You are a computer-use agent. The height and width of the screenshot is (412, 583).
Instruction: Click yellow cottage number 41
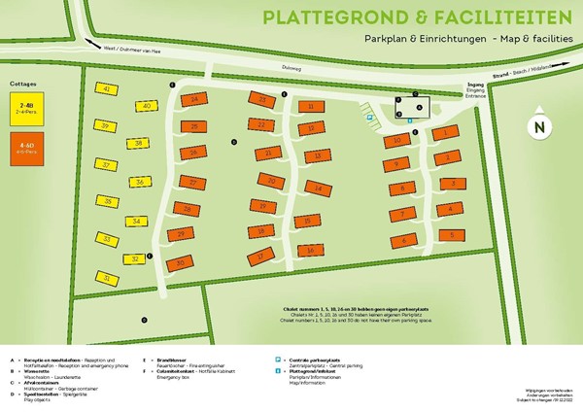pos(106,89)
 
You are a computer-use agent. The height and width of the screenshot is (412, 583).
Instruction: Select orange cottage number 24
pos(194,100)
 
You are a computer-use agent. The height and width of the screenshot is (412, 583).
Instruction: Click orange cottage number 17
pos(262,257)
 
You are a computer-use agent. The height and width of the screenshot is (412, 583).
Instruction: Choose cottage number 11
pos(310,106)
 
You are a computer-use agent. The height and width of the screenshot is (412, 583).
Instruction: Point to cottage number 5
pos(451,234)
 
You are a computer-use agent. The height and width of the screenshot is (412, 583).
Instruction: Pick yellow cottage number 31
pos(105,278)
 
